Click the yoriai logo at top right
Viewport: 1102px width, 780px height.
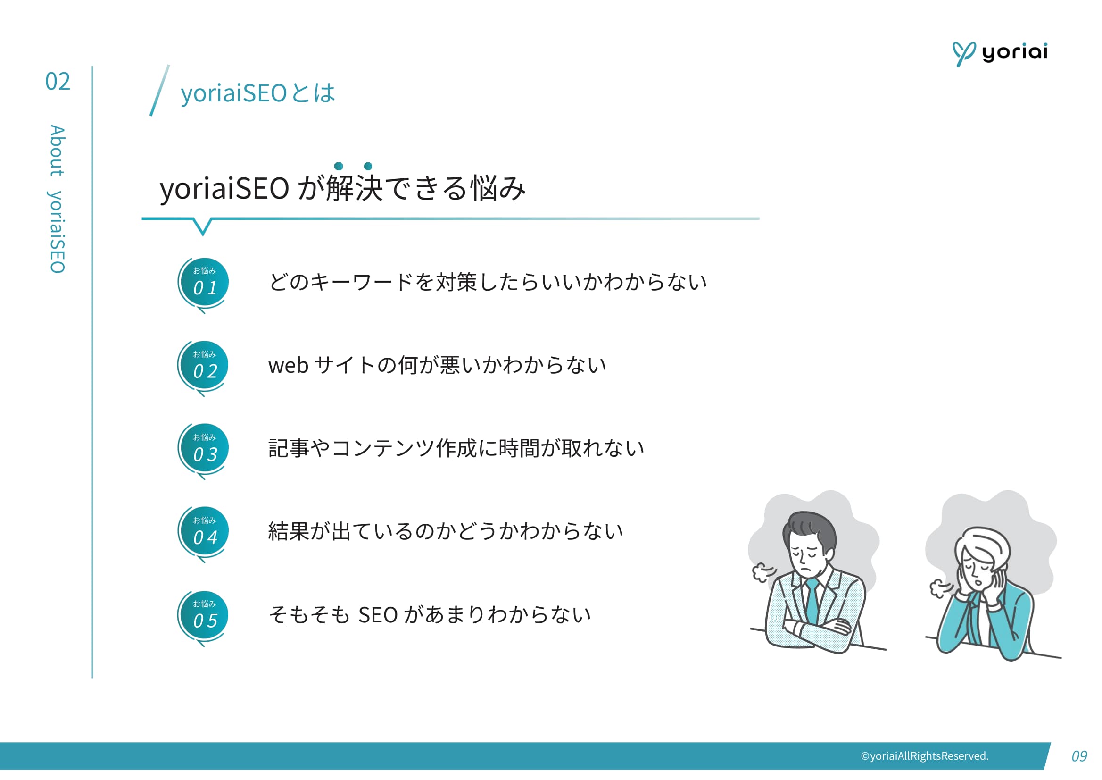pos(1000,53)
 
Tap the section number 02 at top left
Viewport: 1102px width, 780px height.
pos(58,82)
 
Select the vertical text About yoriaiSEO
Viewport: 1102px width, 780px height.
pos(57,199)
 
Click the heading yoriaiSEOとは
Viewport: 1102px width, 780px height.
pos(257,93)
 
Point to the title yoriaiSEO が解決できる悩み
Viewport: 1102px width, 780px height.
pos(343,188)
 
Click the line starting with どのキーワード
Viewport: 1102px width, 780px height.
pos(487,282)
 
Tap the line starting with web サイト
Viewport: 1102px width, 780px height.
pos(437,366)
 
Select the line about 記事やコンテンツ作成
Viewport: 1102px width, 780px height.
pos(456,449)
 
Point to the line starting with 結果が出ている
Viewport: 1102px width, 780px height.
pos(446,532)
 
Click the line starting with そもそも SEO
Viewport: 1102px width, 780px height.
pos(430,615)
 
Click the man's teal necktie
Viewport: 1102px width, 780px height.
pos(812,600)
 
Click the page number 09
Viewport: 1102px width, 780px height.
pos(1078,756)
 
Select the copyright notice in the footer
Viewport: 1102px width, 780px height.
pos(924,756)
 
